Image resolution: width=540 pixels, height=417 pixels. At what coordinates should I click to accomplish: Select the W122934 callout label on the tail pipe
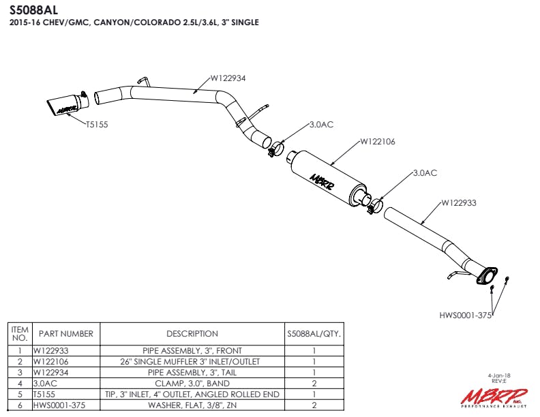228,78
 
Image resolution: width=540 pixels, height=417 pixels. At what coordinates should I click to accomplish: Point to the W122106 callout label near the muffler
377,142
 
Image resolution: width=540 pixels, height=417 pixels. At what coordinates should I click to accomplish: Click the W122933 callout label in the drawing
458,202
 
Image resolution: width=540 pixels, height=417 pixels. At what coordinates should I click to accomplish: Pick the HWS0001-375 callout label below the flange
466,315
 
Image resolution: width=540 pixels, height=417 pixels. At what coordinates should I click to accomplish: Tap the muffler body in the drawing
326,176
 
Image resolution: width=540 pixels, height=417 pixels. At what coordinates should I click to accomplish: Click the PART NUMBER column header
66,334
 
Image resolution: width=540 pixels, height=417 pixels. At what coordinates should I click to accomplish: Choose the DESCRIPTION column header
192,334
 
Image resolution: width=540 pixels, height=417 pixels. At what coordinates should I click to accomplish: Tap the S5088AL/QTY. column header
314,334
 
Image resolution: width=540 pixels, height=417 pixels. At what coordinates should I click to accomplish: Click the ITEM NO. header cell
20,333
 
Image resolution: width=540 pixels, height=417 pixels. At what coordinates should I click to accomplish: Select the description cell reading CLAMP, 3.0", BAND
192,384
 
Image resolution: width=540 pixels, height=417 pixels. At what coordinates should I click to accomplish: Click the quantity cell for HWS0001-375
314,405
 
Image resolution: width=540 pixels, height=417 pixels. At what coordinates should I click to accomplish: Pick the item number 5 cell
20,395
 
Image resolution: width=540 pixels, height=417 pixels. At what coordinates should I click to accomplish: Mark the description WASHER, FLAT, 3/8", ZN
192,405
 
